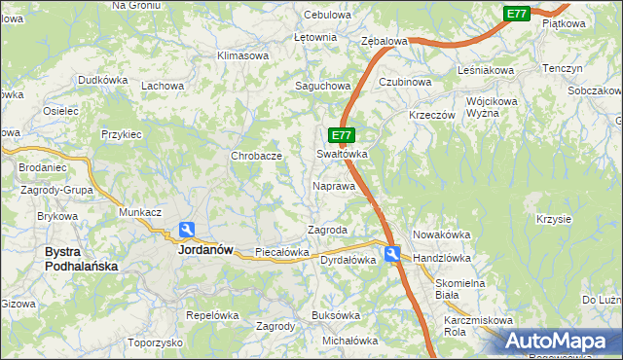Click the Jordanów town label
pyautogui.click(x=205, y=249)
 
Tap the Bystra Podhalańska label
pyautogui.click(x=81, y=258)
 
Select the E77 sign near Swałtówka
pyautogui.click(x=341, y=136)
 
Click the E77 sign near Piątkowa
pyautogui.click(x=517, y=14)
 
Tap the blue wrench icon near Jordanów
pyautogui.click(x=186, y=231)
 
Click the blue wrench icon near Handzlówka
pyautogui.click(x=391, y=254)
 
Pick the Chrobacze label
pyautogui.click(x=256, y=156)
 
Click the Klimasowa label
pyautogui.click(x=242, y=55)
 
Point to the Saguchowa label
pyautogui.click(x=322, y=86)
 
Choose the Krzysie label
pyautogui.click(x=553, y=218)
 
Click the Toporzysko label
pyautogui.click(x=155, y=342)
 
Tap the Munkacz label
pyautogui.click(x=139, y=211)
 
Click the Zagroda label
pyautogui.click(x=328, y=230)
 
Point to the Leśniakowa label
pyautogui.click(x=485, y=70)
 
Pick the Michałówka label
pyautogui.click(x=348, y=341)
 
